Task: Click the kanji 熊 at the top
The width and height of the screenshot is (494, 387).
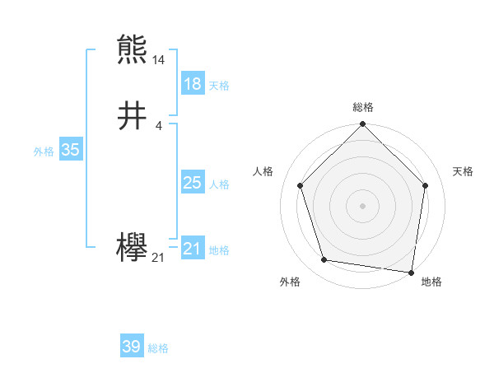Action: click(133, 49)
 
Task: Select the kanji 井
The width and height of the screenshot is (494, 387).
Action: click(133, 116)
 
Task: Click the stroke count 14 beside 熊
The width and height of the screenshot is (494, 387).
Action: click(159, 60)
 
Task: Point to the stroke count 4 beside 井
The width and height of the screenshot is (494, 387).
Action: click(159, 126)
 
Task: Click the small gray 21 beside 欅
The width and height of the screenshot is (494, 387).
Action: click(159, 258)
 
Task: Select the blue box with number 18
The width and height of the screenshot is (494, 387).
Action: click(192, 84)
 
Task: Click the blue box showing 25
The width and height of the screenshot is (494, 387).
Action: click(192, 183)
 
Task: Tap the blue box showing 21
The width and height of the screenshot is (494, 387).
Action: click(192, 249)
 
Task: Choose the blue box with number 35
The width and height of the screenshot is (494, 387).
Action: click(70, 150)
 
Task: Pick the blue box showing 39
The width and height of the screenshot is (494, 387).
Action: click(131, 347)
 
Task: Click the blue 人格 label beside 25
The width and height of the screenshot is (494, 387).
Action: click(219, 184)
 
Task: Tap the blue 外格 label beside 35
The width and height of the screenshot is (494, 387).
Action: click(44, 152)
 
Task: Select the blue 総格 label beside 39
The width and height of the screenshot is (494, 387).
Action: click(158, 348)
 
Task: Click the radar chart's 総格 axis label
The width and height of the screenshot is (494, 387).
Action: click(362, 107)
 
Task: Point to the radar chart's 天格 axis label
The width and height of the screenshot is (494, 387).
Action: click(463, 171)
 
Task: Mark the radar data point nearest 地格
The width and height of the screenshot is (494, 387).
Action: click(411, 272)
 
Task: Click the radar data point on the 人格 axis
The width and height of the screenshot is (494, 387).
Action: click(301, 185)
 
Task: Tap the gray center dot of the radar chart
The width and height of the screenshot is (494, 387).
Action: click(362, 205)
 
